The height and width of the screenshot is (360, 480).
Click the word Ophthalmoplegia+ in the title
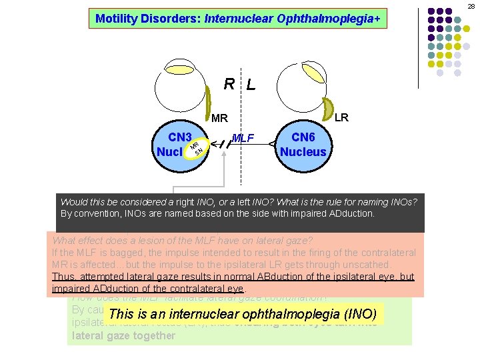tap(338, 18)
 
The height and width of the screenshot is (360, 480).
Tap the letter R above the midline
tap(229, 84)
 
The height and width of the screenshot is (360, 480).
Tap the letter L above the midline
tap(250, 85)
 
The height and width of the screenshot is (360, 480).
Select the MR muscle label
tap(219, 119)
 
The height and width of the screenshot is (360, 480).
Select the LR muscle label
tap(341, 117)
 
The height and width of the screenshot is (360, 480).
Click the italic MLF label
tap(243, 138)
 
